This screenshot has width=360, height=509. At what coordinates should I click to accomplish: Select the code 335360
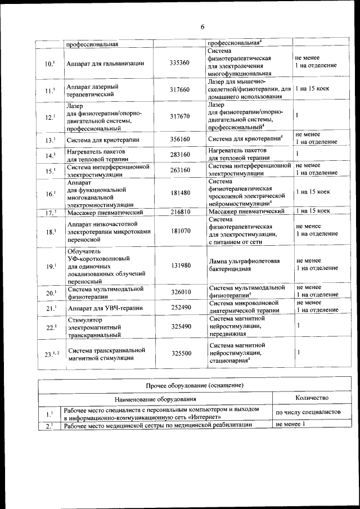coord(179,63)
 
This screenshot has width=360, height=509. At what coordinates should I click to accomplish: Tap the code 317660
coord(179,89)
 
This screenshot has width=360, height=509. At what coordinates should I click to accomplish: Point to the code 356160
coord(179,139)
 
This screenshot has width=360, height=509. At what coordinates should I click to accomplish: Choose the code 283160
coord(179,155)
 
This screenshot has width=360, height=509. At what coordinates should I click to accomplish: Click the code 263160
coord(179,170)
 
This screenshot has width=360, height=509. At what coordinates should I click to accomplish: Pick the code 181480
coord(179,193)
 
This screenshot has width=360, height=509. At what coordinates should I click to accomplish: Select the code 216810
coord(179,212)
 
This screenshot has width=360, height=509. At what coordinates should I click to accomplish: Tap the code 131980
coord(179,265)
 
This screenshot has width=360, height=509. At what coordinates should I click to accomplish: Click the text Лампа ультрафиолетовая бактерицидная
coord(244,265)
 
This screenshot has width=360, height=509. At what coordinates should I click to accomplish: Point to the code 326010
coord(179,292)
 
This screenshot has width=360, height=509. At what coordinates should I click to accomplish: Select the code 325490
coord(179,326)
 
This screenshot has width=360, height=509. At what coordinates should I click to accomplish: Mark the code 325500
coord(179,353)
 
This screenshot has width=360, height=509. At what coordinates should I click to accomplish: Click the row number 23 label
coord(50,354)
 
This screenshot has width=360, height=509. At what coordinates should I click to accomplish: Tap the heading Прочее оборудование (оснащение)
coord(194,385)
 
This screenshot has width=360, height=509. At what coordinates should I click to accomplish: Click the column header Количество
coord(311,398)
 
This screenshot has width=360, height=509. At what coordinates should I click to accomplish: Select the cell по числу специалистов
coord(308,412)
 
